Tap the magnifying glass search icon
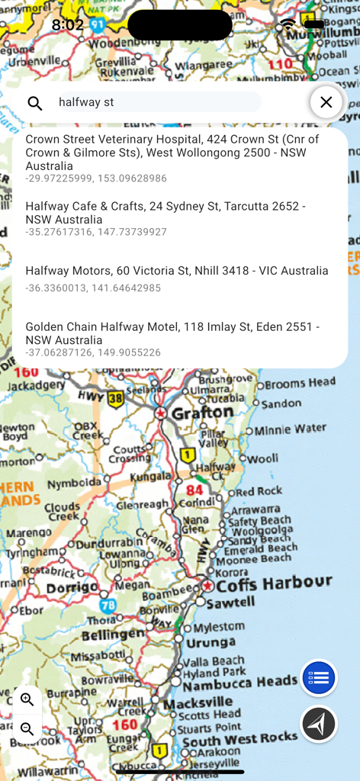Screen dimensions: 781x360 pyautogui.click(x=35, y=103)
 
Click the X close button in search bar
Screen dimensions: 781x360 pyautogui.click(x=326, y=102)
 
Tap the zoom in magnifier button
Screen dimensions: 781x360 pyautogui.click(x=27, y=700)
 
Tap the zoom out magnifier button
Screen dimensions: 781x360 pyautogui.click(x=27, y=729)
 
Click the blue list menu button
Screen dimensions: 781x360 pyautogui.click(x=319, y=678)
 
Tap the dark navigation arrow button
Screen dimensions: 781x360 pyautogui.click(x=319, y=724)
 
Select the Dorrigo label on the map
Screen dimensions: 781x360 pyautogui.click(x=72, y=589)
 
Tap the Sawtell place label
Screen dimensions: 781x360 pyautogui.click(x=231, y=603)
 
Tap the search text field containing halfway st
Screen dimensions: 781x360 pyautogui.click(x=159, y=102)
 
